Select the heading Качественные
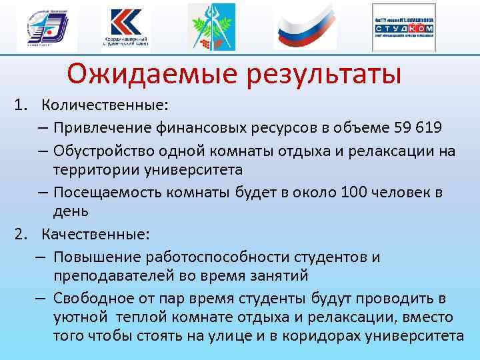click(x=96, y=234)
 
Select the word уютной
click(x=77, y=317)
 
